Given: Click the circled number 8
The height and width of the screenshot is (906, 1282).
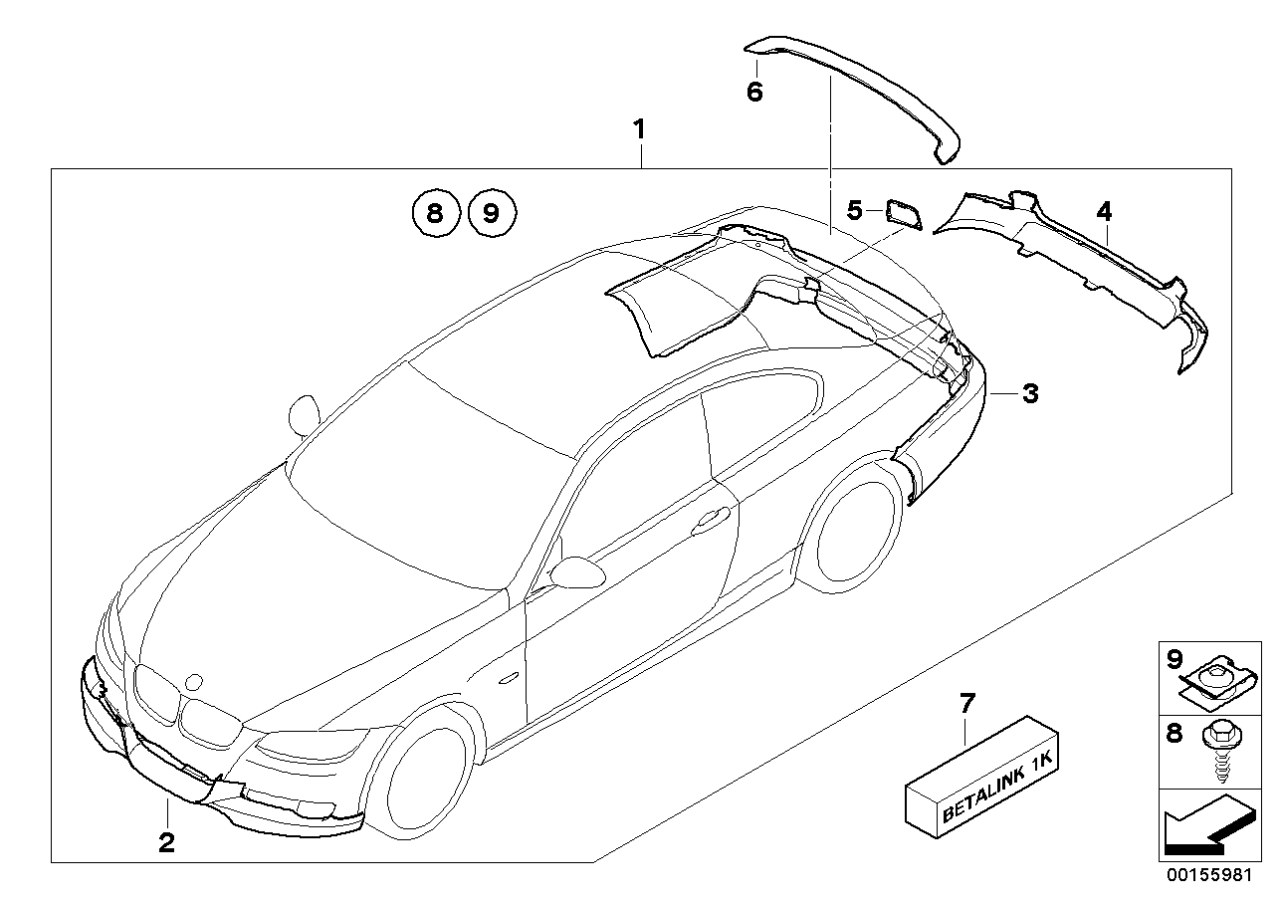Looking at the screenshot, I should coord(433,212).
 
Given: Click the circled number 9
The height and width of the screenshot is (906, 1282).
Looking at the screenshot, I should coord(492,212).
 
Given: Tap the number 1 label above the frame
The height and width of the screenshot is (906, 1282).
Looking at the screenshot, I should coord(640,129).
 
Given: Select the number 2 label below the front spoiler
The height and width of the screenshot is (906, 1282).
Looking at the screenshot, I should coord(166,842).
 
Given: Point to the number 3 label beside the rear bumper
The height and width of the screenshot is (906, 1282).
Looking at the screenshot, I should coord(1030,394).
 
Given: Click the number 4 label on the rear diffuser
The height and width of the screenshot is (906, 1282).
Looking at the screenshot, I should coord(1104,210).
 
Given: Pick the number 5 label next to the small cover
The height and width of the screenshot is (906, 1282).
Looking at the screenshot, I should coord(854,210).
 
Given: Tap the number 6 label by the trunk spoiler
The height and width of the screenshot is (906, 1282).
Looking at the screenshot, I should coord(754,93).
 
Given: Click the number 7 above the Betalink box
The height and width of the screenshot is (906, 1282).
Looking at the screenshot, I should coord(966,704).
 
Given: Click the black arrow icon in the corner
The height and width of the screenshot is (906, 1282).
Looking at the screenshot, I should coord(1204,825).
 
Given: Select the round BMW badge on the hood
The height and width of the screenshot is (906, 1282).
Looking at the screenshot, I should coord(194,683).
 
